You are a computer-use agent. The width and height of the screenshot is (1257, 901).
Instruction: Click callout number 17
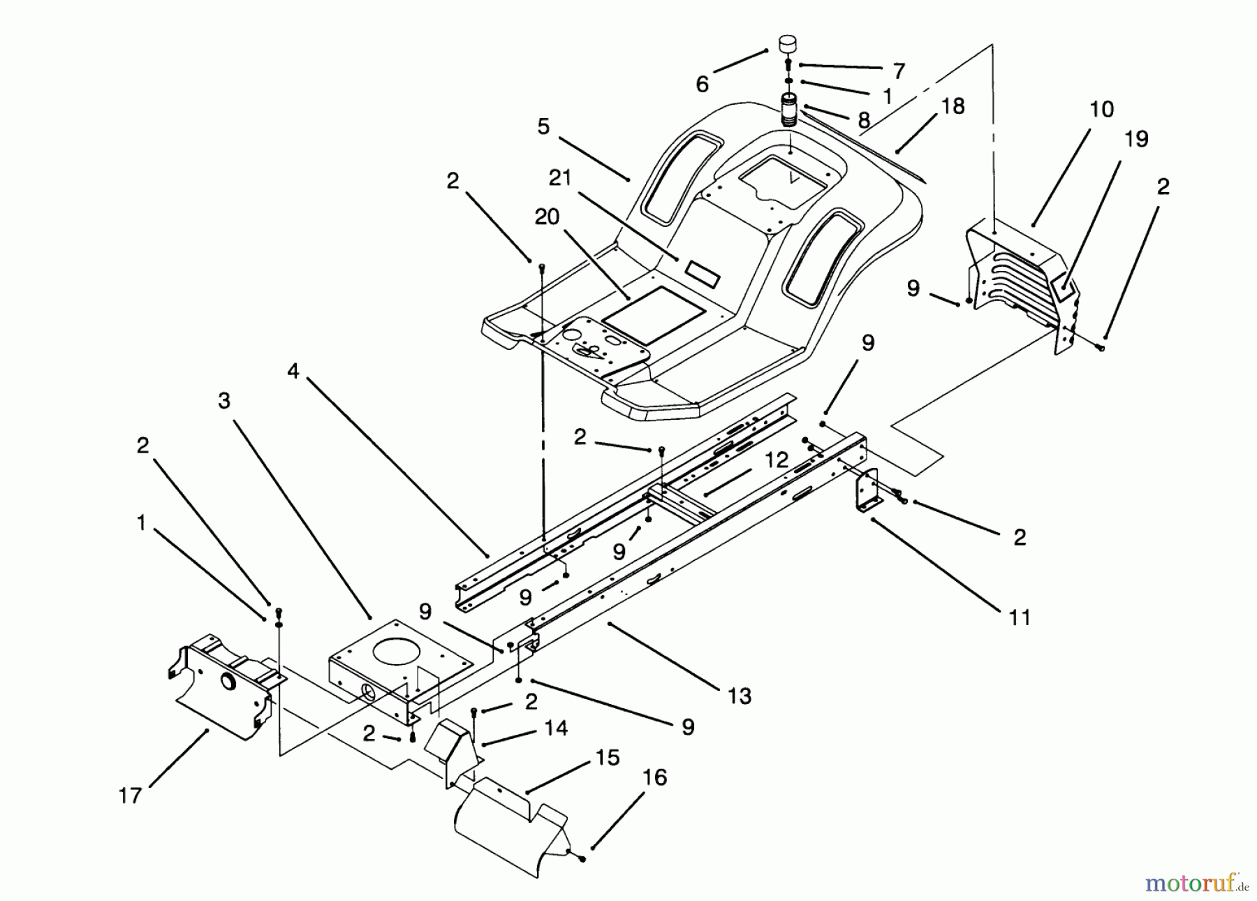coord(130,795)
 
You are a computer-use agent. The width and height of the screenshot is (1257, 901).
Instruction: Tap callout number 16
coord(654,777)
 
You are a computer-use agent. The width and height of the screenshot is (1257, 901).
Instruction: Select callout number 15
coord(608,758)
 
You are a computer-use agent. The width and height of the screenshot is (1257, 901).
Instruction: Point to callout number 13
coord(739,696)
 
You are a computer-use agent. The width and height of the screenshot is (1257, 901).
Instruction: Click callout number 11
coord(1020,617)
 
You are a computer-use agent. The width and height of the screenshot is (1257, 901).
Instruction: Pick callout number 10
coord(1101,110)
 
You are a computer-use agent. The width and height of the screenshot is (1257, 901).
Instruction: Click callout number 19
coord(1136,139)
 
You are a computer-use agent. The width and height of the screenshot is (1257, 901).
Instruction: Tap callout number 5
coord(543,126)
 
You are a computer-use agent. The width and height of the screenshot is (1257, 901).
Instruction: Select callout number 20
coord(547,217)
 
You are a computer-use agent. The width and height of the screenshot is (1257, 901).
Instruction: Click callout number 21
coord(559,179)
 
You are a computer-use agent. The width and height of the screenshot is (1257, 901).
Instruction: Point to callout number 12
coord(776,460)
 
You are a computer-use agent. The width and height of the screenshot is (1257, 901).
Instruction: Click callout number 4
coord(293,372)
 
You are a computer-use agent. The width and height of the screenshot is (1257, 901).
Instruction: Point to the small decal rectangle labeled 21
coord(700,272)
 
